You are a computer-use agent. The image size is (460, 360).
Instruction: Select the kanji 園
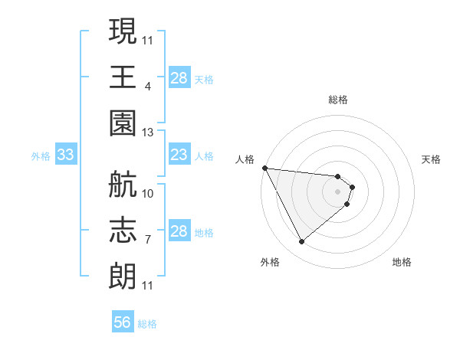tap(123, 123)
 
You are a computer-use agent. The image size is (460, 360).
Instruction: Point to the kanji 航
tap(123, 185)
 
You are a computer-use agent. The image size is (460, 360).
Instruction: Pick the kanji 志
tap(123, 231)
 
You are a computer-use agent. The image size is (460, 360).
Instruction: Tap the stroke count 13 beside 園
tap(148, 133)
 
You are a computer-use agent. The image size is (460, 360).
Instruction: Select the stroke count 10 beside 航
tap(148, 194)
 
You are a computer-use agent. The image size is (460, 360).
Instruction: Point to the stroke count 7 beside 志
tap(148, 241)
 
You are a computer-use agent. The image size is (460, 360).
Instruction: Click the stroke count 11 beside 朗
tap(148, 286)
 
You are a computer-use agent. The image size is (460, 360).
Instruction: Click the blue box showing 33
tap(65, 155)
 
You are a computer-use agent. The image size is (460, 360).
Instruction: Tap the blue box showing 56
tap(123, 322)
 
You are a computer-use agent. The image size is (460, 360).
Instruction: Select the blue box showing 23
tap(179, 155)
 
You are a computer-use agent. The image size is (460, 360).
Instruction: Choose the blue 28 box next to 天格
tap(179, 78)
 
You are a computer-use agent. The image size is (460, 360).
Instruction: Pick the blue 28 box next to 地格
tap(179, 231)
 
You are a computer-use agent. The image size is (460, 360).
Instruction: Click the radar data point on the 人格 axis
tap(264, 168)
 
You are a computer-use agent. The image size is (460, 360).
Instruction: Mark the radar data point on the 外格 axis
tap(301, 242)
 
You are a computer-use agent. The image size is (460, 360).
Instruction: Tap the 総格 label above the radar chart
tap(338, 100)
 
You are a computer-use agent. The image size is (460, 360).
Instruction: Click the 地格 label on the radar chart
tap(402, 262)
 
